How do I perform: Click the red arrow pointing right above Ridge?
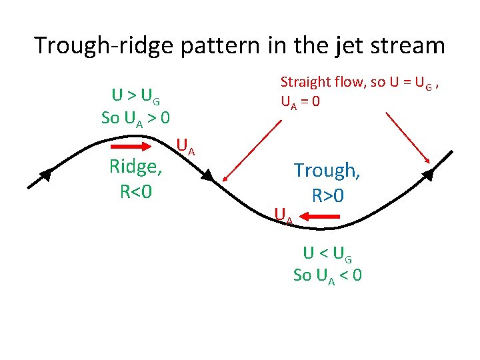[x=131, y=147]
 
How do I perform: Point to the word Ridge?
[x=135, y=167]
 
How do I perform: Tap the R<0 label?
[x=136, y=191]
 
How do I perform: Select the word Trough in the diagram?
[x=327, y=171]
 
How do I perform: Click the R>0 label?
[x=327, y=196]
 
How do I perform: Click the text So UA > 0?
[x=135, y=118]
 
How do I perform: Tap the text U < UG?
[x=327, y=253]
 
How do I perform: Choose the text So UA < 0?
[x=327, y=275]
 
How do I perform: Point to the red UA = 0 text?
[x=300, y=102]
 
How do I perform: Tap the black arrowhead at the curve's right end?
[x=428, y=175]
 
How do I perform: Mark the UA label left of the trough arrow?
[x=283, y=214]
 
